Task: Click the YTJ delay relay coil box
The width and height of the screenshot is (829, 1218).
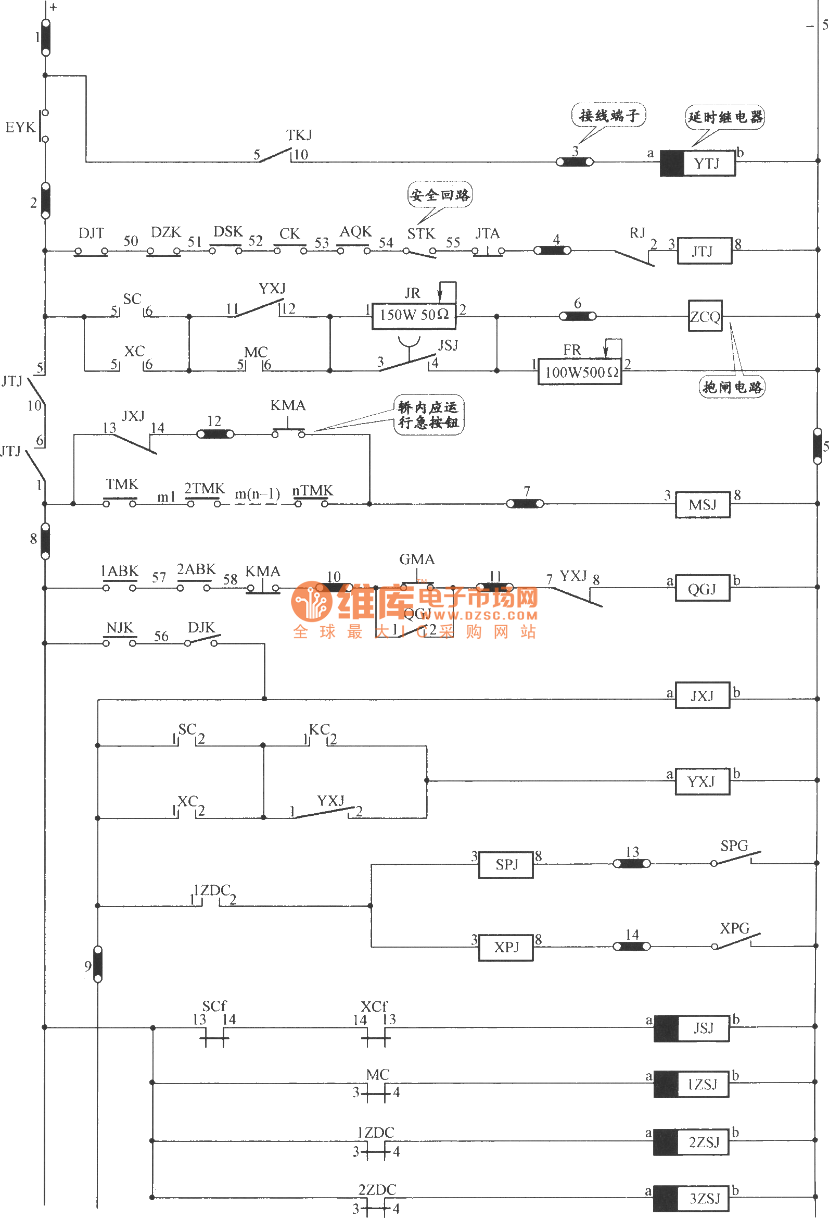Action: [698, 163]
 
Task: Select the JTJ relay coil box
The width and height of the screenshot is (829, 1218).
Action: [704, 251]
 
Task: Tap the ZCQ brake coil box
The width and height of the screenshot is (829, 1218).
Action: [705, 316]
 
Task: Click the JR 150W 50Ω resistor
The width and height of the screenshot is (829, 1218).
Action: [414, 315]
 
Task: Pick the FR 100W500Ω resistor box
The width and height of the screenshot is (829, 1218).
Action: [580, 371]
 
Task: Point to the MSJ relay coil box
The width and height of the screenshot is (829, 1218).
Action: [702, 505]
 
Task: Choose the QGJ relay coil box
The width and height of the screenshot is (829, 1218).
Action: [702, 589]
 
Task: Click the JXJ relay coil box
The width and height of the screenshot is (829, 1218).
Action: [702, 695]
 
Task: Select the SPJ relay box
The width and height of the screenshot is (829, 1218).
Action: [506, 864]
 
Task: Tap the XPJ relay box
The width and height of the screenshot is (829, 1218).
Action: [506, 947]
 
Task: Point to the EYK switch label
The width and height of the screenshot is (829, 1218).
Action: [20, 127]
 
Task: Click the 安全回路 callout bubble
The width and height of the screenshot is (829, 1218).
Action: [439, 195]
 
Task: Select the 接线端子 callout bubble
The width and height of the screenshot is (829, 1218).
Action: [608, 115]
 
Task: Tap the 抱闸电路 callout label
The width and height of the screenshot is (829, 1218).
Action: [732, 387]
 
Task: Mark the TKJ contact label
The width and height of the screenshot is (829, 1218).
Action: [299, 135]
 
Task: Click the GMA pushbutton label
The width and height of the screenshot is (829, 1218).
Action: [417, 559]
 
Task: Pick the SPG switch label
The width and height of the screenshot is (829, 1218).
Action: [734, 846]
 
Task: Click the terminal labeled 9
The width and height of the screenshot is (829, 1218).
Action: [97, 964]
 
